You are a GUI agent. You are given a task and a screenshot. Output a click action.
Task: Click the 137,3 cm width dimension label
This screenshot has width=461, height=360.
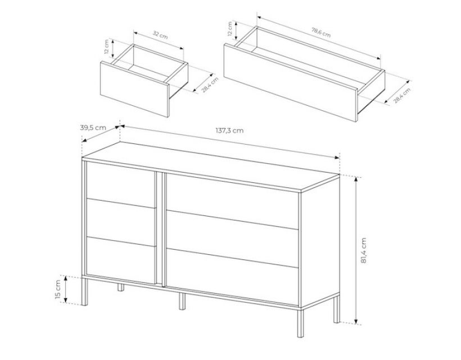tap(229, 130)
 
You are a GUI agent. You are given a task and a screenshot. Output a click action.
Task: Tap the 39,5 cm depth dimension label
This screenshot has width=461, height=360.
tap(93, 128)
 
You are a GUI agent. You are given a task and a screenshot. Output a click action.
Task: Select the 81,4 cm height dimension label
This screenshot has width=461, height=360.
tap(364, 250)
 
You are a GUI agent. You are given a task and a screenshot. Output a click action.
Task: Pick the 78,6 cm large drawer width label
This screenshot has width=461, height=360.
tap(321, 33)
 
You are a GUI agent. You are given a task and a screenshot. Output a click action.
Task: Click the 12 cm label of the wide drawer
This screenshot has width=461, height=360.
tap(230, 29)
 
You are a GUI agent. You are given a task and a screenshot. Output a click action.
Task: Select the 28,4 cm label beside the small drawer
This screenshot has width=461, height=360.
tap(210, 85)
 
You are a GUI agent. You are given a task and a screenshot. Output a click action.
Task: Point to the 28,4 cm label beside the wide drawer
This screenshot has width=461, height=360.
tap(401, 95)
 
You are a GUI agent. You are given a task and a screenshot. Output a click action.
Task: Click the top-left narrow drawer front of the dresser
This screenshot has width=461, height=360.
tap(121, 184)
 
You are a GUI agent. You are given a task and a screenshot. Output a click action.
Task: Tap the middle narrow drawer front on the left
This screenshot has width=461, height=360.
tap(121, 222)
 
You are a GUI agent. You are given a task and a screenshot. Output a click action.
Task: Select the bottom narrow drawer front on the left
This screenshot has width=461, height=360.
tap(121, 260)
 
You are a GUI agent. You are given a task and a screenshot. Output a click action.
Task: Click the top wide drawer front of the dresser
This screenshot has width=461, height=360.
tap(233, 202)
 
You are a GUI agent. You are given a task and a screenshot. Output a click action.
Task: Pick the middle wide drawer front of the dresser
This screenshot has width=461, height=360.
tap(233, 239)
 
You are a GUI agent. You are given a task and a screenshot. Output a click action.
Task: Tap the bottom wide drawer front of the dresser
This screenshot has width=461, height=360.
tap(233, 277)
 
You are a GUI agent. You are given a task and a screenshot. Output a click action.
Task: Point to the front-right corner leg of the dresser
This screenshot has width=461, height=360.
tap(300, 322)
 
